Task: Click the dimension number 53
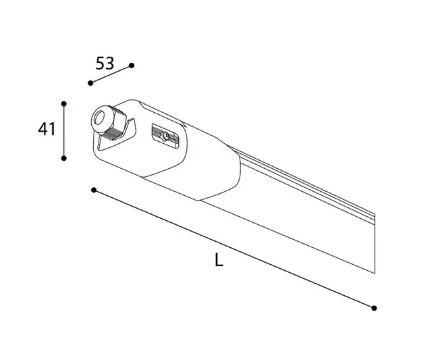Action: tap(105, 63)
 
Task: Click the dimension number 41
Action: tap(46, 129)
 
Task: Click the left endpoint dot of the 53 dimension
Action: tap(90, 83)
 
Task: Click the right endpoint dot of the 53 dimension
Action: tap(132, 66)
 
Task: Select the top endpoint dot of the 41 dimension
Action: tap(63, 103)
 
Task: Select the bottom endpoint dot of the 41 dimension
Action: tap(63, 158)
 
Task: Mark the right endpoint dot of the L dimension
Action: tap(374, 307)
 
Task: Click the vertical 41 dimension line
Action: tap(63, 131)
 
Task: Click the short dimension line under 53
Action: tap(111, 74)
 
